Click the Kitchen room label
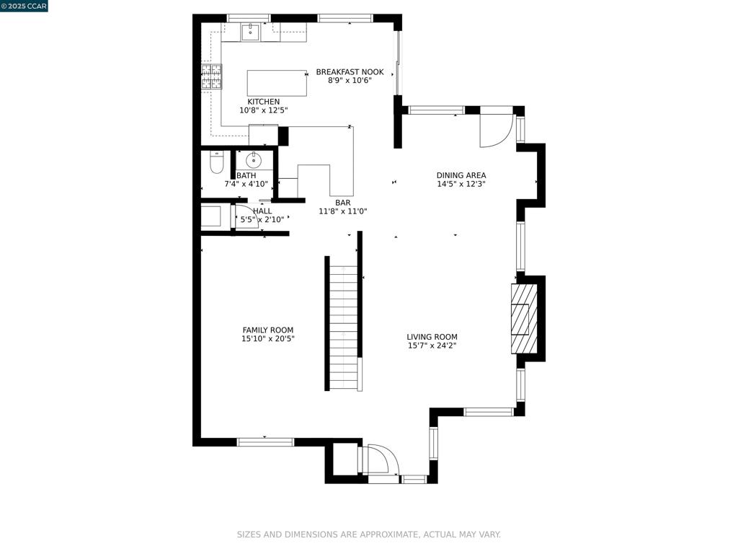coord(263,102)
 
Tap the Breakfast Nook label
coord(350,72)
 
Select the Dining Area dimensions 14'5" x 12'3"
coord(461,184)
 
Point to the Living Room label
coord(432,337)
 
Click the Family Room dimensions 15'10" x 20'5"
coord(268,338)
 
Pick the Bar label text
coord(343,203)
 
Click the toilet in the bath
coord(217,163)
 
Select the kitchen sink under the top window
coord(250,32)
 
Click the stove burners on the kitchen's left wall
coord(211,76)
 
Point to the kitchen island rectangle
coord(277,83)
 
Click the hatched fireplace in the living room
coord(524,318)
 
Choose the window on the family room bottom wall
coord(265,442)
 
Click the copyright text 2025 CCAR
coord(25,6)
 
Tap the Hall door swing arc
coord(246,217)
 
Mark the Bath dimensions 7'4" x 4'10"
coord(246,185)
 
